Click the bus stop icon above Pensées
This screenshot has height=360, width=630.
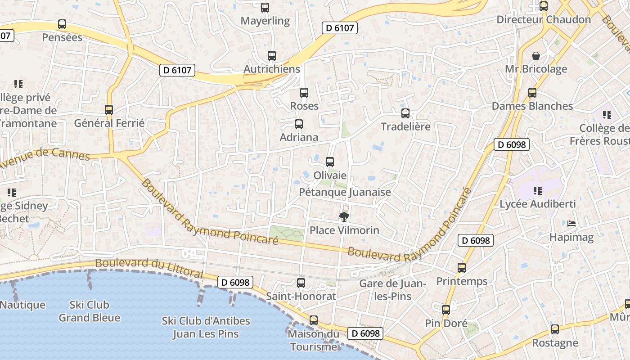tap(62, 24)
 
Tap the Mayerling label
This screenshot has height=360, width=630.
tap(265, 21)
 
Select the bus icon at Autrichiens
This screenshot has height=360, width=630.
tap(272, 56)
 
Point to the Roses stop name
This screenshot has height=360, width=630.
tap(304, 106)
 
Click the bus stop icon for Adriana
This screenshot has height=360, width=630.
tap(299, 124)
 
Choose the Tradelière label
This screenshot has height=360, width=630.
tap(405, 126)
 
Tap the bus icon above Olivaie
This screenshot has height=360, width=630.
tap(330, 162)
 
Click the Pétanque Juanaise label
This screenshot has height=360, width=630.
tap(345, 193)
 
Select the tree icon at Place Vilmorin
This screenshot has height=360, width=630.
tap(344, 217)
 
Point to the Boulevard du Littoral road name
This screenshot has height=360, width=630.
tap(149, 267)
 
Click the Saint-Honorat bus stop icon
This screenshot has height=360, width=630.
tap(301, 283)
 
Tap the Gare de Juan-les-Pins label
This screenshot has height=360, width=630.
tap(392, 290)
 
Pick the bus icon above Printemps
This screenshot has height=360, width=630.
tap(462, 268)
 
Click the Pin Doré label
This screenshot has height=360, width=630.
tap(446, 324)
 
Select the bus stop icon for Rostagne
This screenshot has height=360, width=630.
tap(555, 329)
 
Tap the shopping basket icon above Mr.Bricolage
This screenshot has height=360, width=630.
tap(536, 56)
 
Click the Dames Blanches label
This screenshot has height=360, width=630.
tap(532, 106)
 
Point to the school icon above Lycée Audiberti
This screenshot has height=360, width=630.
tap(537, 191)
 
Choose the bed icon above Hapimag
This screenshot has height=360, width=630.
tap(571, 224)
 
